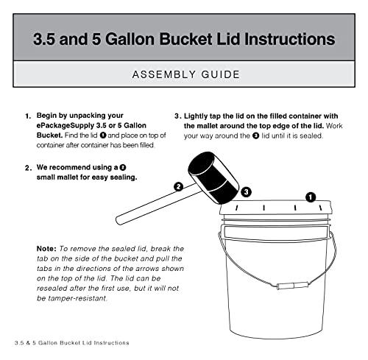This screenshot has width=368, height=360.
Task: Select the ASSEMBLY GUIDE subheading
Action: click(184, 74)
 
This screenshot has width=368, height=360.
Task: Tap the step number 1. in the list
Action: click(28, 116)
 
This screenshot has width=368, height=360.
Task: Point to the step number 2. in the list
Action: click(28, 167)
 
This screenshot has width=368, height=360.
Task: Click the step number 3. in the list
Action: click(178, 116)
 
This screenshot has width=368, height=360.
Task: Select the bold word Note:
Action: click(50, 250)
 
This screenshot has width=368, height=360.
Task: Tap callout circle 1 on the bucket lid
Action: click(311, 197)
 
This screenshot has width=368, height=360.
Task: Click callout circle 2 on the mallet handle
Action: click(178, 187)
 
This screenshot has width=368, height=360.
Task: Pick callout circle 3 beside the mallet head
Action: click(247, 191)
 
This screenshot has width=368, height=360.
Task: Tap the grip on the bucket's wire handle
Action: click(279, 284)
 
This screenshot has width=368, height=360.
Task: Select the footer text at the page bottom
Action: click(72, 343)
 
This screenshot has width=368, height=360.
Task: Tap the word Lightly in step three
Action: click(200, 116)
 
